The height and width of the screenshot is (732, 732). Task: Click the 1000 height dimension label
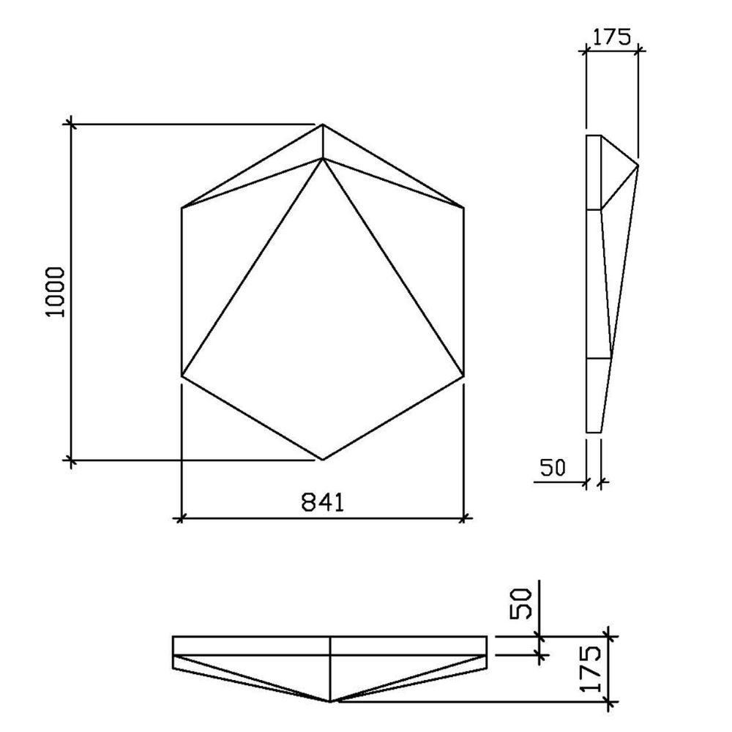[56, 291]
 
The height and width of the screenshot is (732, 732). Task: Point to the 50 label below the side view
[550, 468]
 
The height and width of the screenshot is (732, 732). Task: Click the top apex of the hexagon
[323, 125]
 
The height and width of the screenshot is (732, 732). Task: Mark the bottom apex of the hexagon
[323, 460]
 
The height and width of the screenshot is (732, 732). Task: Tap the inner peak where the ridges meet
[323, 158]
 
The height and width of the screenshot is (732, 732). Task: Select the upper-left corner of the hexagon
[182, 209]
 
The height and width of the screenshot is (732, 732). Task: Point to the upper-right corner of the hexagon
[463, 209]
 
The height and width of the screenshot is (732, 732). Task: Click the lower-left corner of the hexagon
[182, 376]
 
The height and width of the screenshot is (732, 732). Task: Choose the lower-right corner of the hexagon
[463, 376]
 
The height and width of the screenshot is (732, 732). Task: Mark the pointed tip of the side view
[638, 166]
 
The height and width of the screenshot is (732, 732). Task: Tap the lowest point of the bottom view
[331, 701]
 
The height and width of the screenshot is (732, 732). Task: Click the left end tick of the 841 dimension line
[181, 519]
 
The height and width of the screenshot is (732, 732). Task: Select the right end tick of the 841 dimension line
[463, 519]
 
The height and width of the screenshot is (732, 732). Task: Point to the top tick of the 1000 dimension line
[71, 124]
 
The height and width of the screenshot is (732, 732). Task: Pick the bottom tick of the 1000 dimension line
[71, 460]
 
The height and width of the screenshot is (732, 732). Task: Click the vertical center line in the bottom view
[331, 666]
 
